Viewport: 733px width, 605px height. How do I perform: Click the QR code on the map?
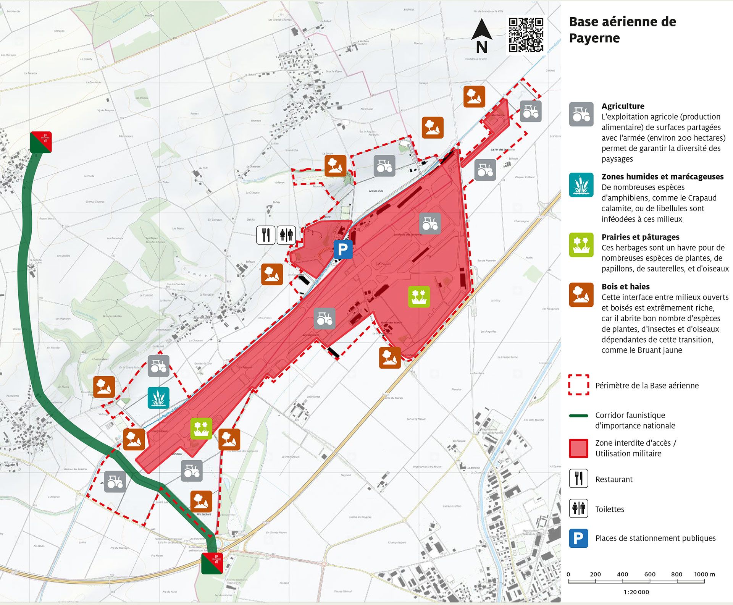(526, 34)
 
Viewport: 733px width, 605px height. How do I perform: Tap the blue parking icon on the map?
(343, 249)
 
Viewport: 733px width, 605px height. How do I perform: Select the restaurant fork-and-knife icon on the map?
(266, 235)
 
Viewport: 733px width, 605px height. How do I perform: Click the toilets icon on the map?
(286, 235)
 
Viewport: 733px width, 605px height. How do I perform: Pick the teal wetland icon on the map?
(158, 398)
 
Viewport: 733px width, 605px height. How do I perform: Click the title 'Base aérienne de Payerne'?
(622, 30)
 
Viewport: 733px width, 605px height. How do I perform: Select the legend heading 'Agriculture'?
(623, 106)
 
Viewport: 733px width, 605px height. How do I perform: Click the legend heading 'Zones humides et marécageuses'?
(662, 176)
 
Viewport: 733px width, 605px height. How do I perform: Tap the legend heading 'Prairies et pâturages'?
(640, 237)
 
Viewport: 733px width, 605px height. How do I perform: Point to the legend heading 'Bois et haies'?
(625, 286)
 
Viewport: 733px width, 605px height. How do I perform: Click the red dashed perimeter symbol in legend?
(578, 385)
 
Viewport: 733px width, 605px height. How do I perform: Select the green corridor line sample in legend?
(578, 416)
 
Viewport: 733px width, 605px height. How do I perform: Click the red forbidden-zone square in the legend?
(578, 448)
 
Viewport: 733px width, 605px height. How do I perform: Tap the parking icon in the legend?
(578, 538)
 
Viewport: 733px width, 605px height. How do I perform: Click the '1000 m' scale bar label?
(704, 574)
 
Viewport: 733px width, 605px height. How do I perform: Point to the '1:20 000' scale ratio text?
(636, 592)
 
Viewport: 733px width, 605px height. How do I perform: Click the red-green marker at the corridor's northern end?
(41, 142)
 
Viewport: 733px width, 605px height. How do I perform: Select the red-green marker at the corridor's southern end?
(212, 563)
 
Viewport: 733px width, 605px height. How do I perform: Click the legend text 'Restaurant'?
(614, 479)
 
